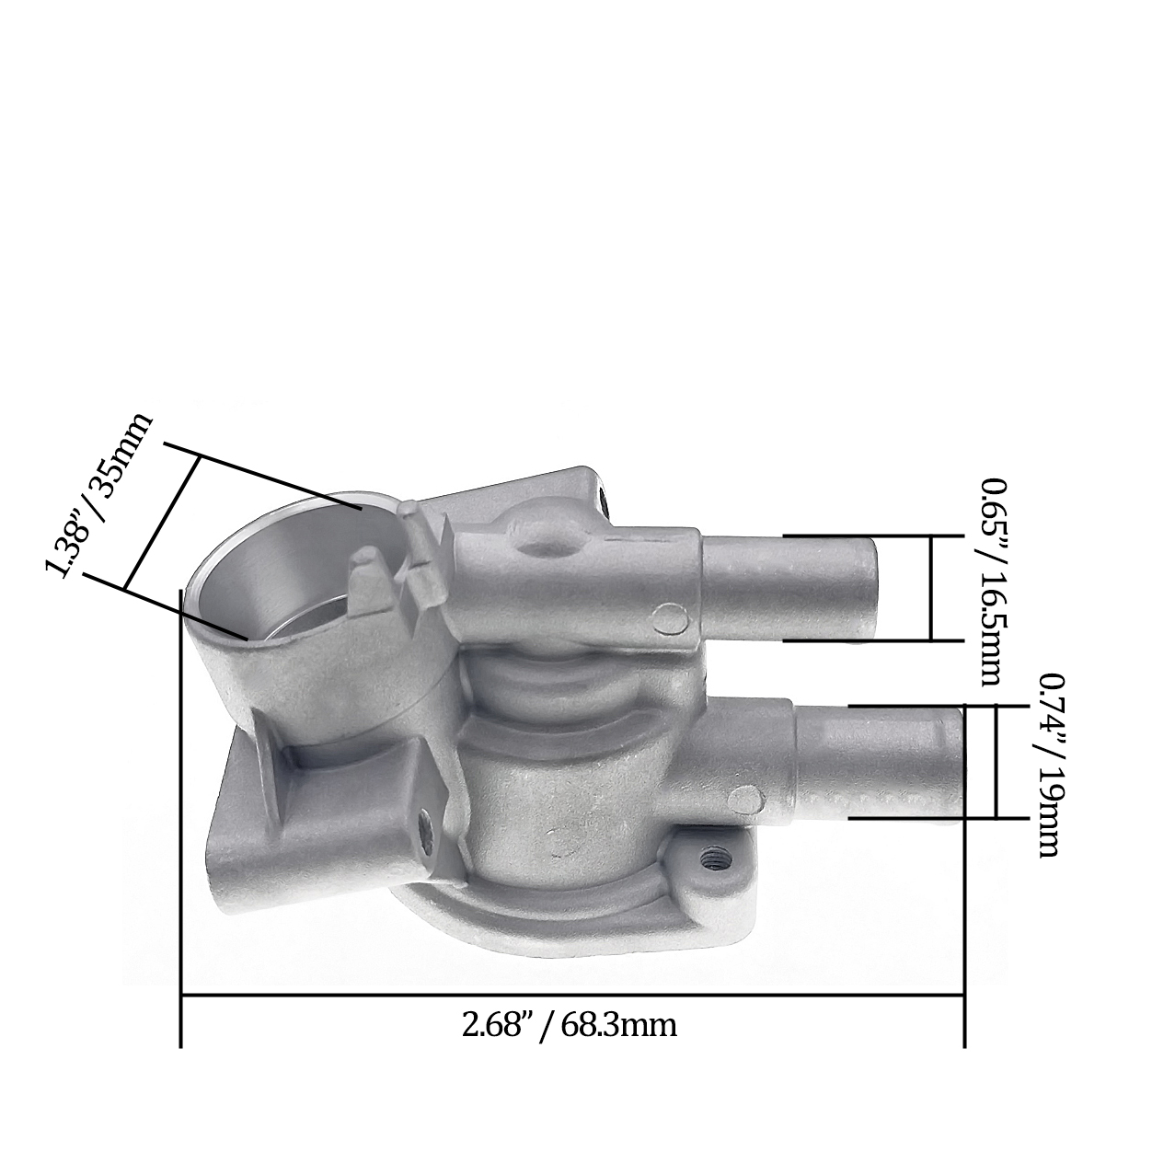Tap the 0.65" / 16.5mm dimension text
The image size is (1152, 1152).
pyautogui.click(x=991, y=582)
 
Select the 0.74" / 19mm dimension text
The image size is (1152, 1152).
pyautogui.click(x=1050, y=765)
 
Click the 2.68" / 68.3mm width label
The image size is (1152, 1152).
pyautogui.click(x=569, y=1025)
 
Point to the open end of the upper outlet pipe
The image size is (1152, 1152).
pyautogui.click(x=870, y=588)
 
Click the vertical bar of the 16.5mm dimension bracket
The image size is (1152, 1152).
pyautogui.click(x=931, y=588)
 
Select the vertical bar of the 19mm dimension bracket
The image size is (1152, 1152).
pyautogui.click(x=996, y=761)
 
